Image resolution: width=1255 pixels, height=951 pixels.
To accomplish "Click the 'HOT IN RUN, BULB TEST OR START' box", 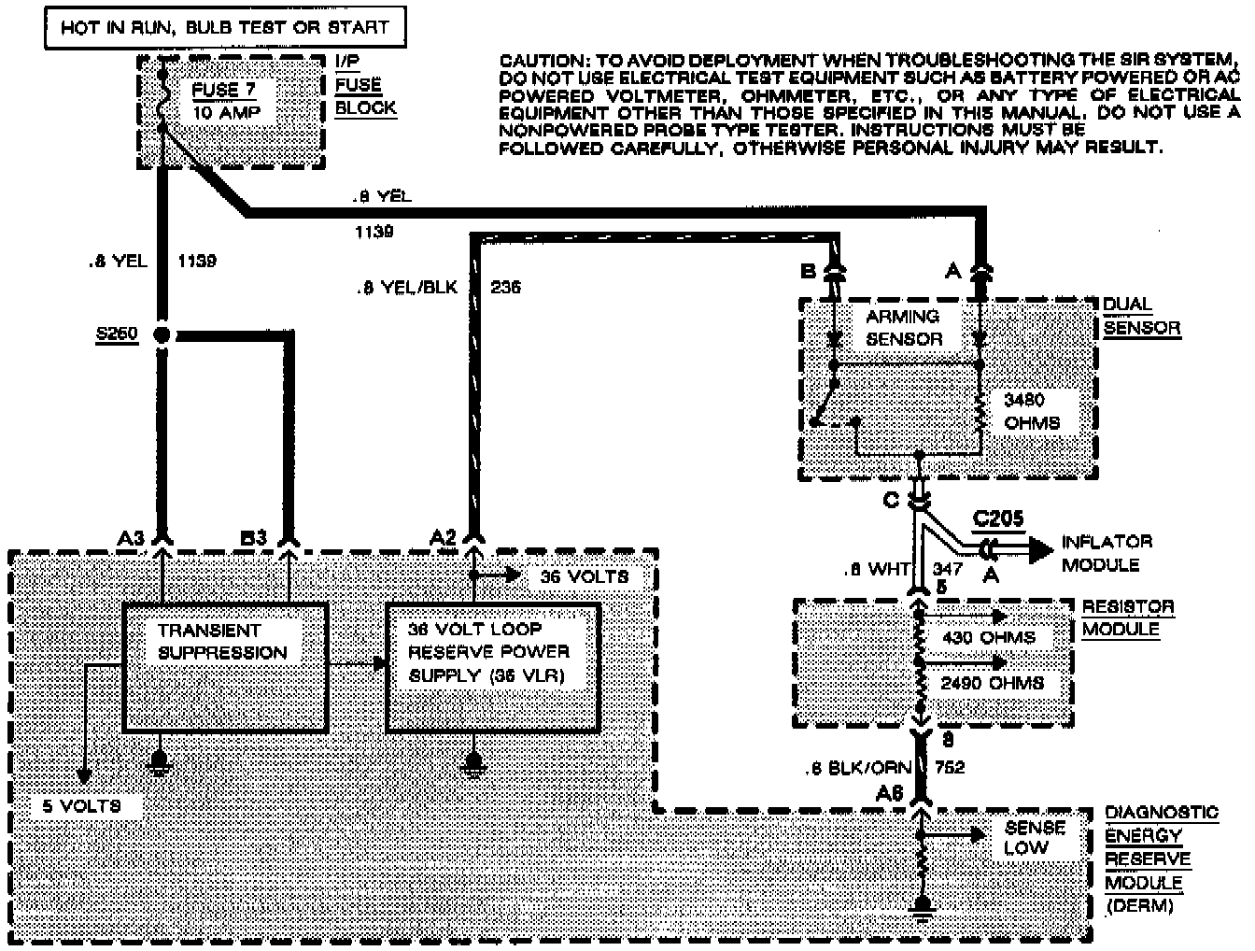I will coord(225,27).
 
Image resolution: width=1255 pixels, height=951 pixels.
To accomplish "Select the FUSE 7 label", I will coord(223,90).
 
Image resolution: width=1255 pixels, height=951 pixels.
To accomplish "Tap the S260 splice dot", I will coord(162,334).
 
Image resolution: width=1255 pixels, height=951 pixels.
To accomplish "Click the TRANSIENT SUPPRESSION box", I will coord(225,666).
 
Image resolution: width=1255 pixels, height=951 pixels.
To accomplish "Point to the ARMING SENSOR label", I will coord(903,327).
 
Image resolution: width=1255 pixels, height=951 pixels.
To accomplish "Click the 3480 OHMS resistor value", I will coord(1031,411).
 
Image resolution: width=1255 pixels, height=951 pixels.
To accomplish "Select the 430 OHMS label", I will coord(988,637).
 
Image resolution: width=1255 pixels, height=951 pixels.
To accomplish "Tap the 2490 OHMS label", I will coord(992,683).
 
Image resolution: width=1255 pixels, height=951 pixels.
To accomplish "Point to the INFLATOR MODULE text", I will coord(1106,553).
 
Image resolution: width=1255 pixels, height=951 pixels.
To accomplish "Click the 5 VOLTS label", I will coord(82,805).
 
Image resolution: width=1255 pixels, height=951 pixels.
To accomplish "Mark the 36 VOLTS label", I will coord(584,576).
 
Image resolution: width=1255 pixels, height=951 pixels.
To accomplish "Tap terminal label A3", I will coord(132,538).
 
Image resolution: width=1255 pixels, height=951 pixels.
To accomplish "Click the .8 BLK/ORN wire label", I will coord(857,768).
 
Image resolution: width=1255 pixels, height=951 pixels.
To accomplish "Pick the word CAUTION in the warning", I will coord(540,60).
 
